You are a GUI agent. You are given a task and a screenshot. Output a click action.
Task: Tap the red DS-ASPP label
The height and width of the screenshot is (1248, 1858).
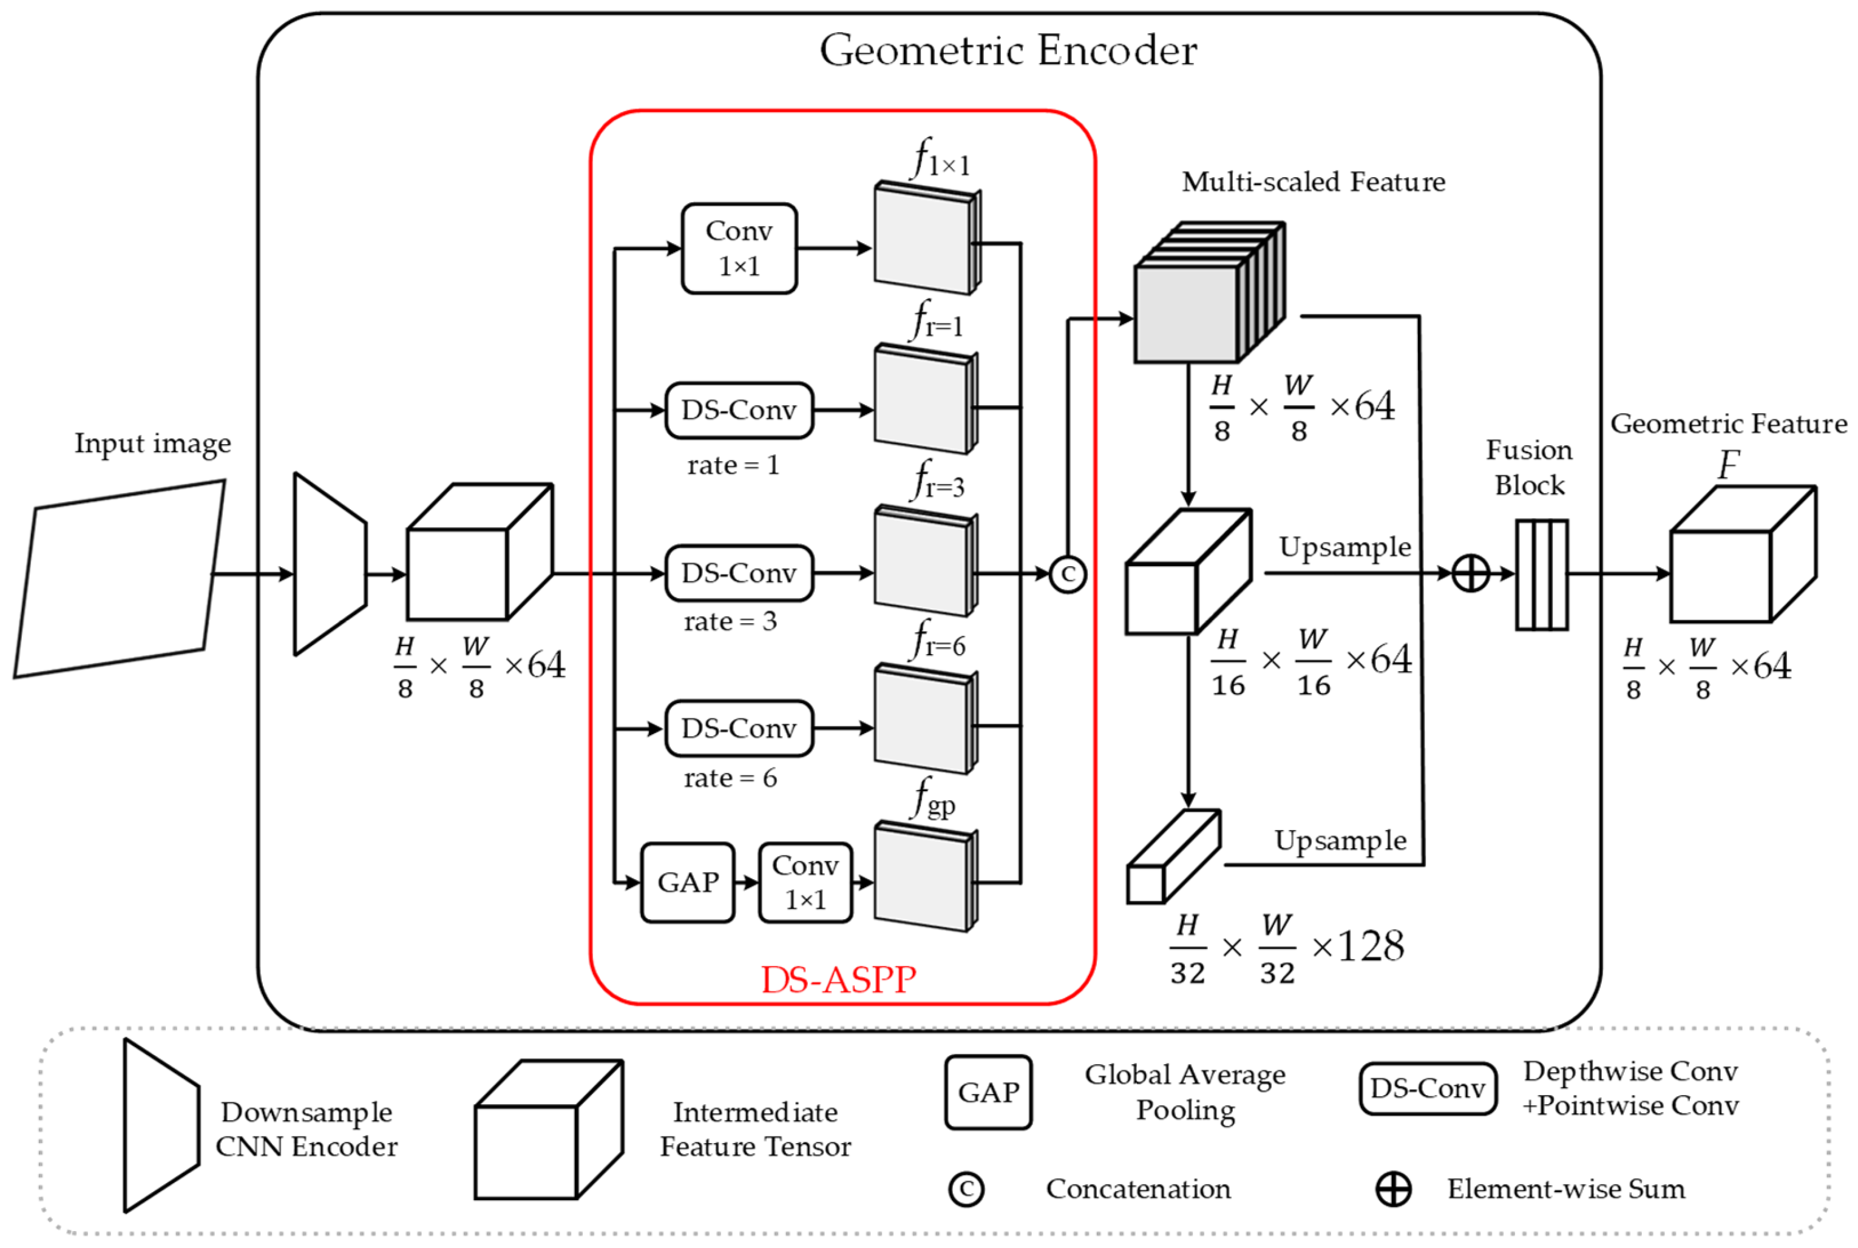(x=838, y=980)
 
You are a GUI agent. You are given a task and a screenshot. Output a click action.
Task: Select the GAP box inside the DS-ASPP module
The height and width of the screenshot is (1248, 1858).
(x=688, y=883)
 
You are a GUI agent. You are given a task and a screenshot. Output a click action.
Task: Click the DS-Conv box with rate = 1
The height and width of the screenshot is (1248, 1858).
(x=739, y=411)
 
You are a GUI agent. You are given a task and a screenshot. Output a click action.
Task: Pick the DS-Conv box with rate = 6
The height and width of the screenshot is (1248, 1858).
(x=739, y=728)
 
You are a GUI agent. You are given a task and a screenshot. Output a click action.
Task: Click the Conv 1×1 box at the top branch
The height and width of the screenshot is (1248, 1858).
(x=739, y=248)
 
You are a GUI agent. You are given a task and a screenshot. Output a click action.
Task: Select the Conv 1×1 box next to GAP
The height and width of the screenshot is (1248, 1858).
(x=805, y=883)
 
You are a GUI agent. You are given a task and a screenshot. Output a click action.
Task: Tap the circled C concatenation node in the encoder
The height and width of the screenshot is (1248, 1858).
(x=1068, y=575)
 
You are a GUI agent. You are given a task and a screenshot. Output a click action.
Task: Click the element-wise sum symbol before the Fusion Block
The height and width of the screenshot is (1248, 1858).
(x=1470, y=574)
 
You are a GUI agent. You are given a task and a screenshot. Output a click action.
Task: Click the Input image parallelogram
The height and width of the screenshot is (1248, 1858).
(x=120, y=579)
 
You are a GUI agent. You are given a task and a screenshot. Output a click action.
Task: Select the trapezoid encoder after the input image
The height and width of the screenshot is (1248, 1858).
(x=330, y=565)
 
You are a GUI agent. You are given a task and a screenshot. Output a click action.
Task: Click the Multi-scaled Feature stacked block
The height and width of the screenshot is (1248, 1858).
(x=1206, y=294)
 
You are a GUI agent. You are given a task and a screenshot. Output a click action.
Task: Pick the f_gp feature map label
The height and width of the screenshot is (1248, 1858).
(x=933, y=799)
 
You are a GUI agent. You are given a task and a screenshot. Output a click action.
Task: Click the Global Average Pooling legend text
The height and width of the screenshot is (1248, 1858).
(x=1184, y=1092)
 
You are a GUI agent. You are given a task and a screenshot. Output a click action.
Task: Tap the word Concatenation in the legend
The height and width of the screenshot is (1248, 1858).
(x=1138, y=1189)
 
